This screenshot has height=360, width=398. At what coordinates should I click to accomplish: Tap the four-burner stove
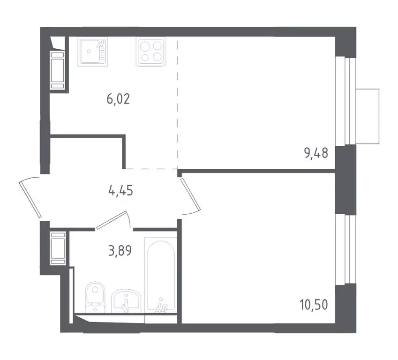150,52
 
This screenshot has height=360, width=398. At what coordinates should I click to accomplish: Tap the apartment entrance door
31,198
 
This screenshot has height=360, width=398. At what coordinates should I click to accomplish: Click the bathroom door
113,219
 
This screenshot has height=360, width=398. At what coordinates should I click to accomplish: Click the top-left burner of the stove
145,46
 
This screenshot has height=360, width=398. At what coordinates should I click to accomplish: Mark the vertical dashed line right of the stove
177,103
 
